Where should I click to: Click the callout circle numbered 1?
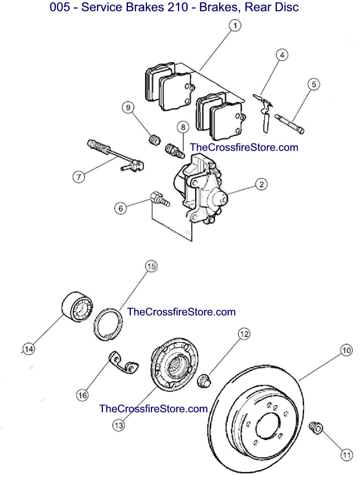click(x=235, y=25)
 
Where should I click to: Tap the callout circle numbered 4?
click(x=282, y=55)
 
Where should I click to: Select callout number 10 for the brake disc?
click(x=346, y=350)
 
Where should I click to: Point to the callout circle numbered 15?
click(x=152, y=267)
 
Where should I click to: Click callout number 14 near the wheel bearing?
click(x=29, y=349)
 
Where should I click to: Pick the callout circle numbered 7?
click(x=79, y=177)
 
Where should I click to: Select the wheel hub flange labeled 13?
click(x=174, y=364)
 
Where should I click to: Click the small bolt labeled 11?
click(x=316, y=428)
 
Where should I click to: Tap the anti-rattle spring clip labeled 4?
click(x=263, y=112)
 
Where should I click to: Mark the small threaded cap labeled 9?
click(x=155, y=140)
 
